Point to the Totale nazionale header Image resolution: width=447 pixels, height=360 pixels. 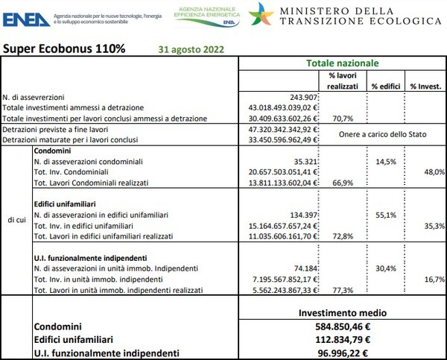pos(343,63)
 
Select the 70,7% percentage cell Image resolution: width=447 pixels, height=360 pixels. pos(342,118)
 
